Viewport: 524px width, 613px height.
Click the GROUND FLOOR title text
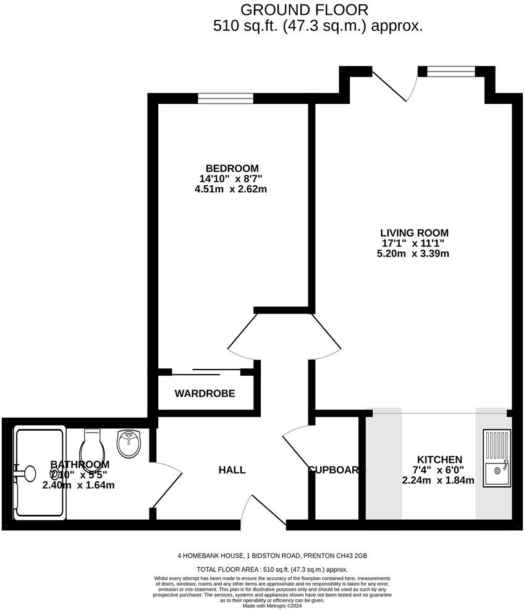click(304, 10)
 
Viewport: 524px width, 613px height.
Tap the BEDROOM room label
click(232, 168)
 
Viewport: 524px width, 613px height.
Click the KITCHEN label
click(439, 460)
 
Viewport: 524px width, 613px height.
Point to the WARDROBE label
click(205, 393)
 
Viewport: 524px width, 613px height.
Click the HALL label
click(232, 470)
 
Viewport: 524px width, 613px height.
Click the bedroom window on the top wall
click(226, 98)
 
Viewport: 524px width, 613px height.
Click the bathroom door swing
click(166, 485)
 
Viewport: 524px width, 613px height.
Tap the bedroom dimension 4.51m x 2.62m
click(230, 189)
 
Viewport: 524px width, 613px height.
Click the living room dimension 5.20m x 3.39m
click(413, 253)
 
